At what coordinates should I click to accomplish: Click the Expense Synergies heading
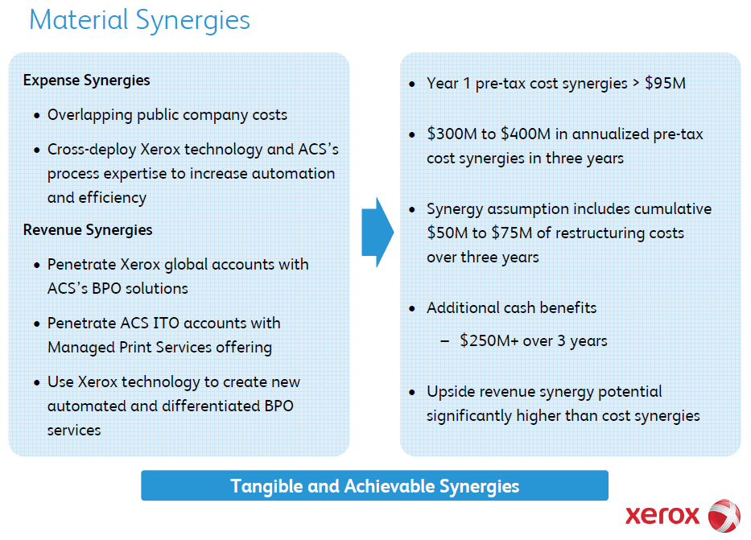(x=87, y=80)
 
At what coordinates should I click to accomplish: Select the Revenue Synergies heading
(x=88, y=230)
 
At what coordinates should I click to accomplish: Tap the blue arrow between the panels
(x=378, y=233)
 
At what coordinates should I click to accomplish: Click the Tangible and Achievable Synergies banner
(x=374, y=485)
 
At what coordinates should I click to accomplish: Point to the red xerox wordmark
(x=662, y=516)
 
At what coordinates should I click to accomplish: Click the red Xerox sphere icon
(x=724, y=516)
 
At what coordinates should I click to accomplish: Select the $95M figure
(x=665, y=84)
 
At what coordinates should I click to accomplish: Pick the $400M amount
(x=526, y=134)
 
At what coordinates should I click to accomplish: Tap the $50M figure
(x=447, y=233)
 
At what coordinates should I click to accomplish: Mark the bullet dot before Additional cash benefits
(x=412, y=309)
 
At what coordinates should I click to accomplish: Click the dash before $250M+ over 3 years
(x=445, y=341)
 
